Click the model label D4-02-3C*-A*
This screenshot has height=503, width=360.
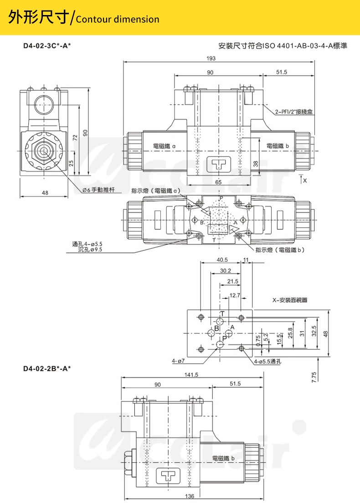[x=47, y=46]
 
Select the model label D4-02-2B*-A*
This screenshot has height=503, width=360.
[x=47, y=368]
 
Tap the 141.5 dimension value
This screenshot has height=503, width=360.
[x=191, y=375]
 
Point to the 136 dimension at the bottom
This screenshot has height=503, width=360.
[x=190, y=496]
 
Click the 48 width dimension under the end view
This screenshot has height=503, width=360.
[x=45, y=193]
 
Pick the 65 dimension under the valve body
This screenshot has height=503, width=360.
[x=218, y=182]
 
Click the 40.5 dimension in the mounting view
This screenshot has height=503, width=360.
[x=222, y=260]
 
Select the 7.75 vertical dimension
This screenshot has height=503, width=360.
[x=314, y=377]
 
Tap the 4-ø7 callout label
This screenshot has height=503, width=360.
[x=178, y=361]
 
